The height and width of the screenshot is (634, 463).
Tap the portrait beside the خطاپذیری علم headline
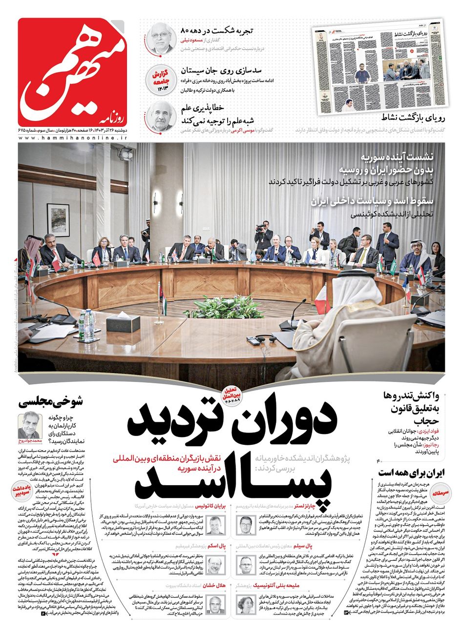click(x=160, y=118)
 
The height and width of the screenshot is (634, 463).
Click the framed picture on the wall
click(x=59, y=220)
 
